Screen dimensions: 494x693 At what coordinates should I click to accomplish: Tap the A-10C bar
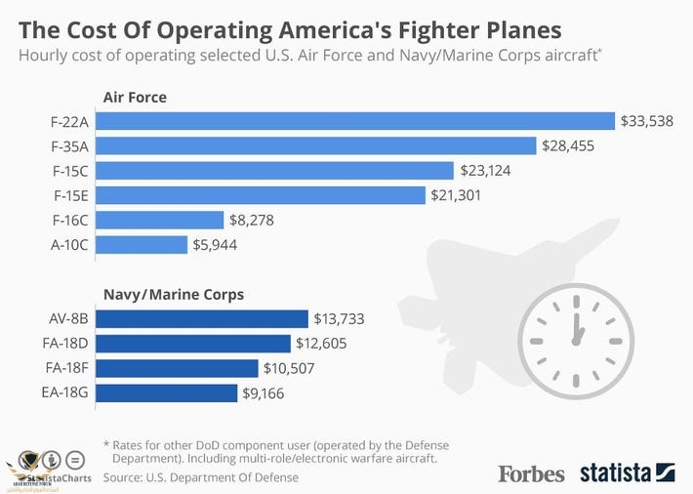143,244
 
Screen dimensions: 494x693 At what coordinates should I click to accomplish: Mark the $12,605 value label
322,343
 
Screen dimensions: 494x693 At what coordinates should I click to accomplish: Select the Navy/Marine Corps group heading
174,293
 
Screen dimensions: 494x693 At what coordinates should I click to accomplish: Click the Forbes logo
531,473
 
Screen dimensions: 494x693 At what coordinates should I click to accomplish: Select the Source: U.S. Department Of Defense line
201,477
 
